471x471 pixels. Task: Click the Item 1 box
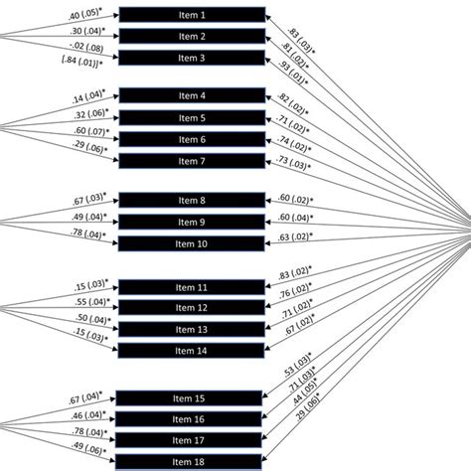[192, 16]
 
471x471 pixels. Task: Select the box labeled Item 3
[192, 59]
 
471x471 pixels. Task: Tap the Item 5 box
[192, 117]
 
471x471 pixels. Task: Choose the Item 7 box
[192, 161]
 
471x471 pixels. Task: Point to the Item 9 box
[192, 222]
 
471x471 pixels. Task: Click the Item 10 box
[192, 243]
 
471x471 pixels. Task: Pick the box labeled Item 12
[192, 307]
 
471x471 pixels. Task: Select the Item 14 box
[192, 351]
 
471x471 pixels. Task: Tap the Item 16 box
[192, 418]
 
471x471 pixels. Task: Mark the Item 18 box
[192, 461]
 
